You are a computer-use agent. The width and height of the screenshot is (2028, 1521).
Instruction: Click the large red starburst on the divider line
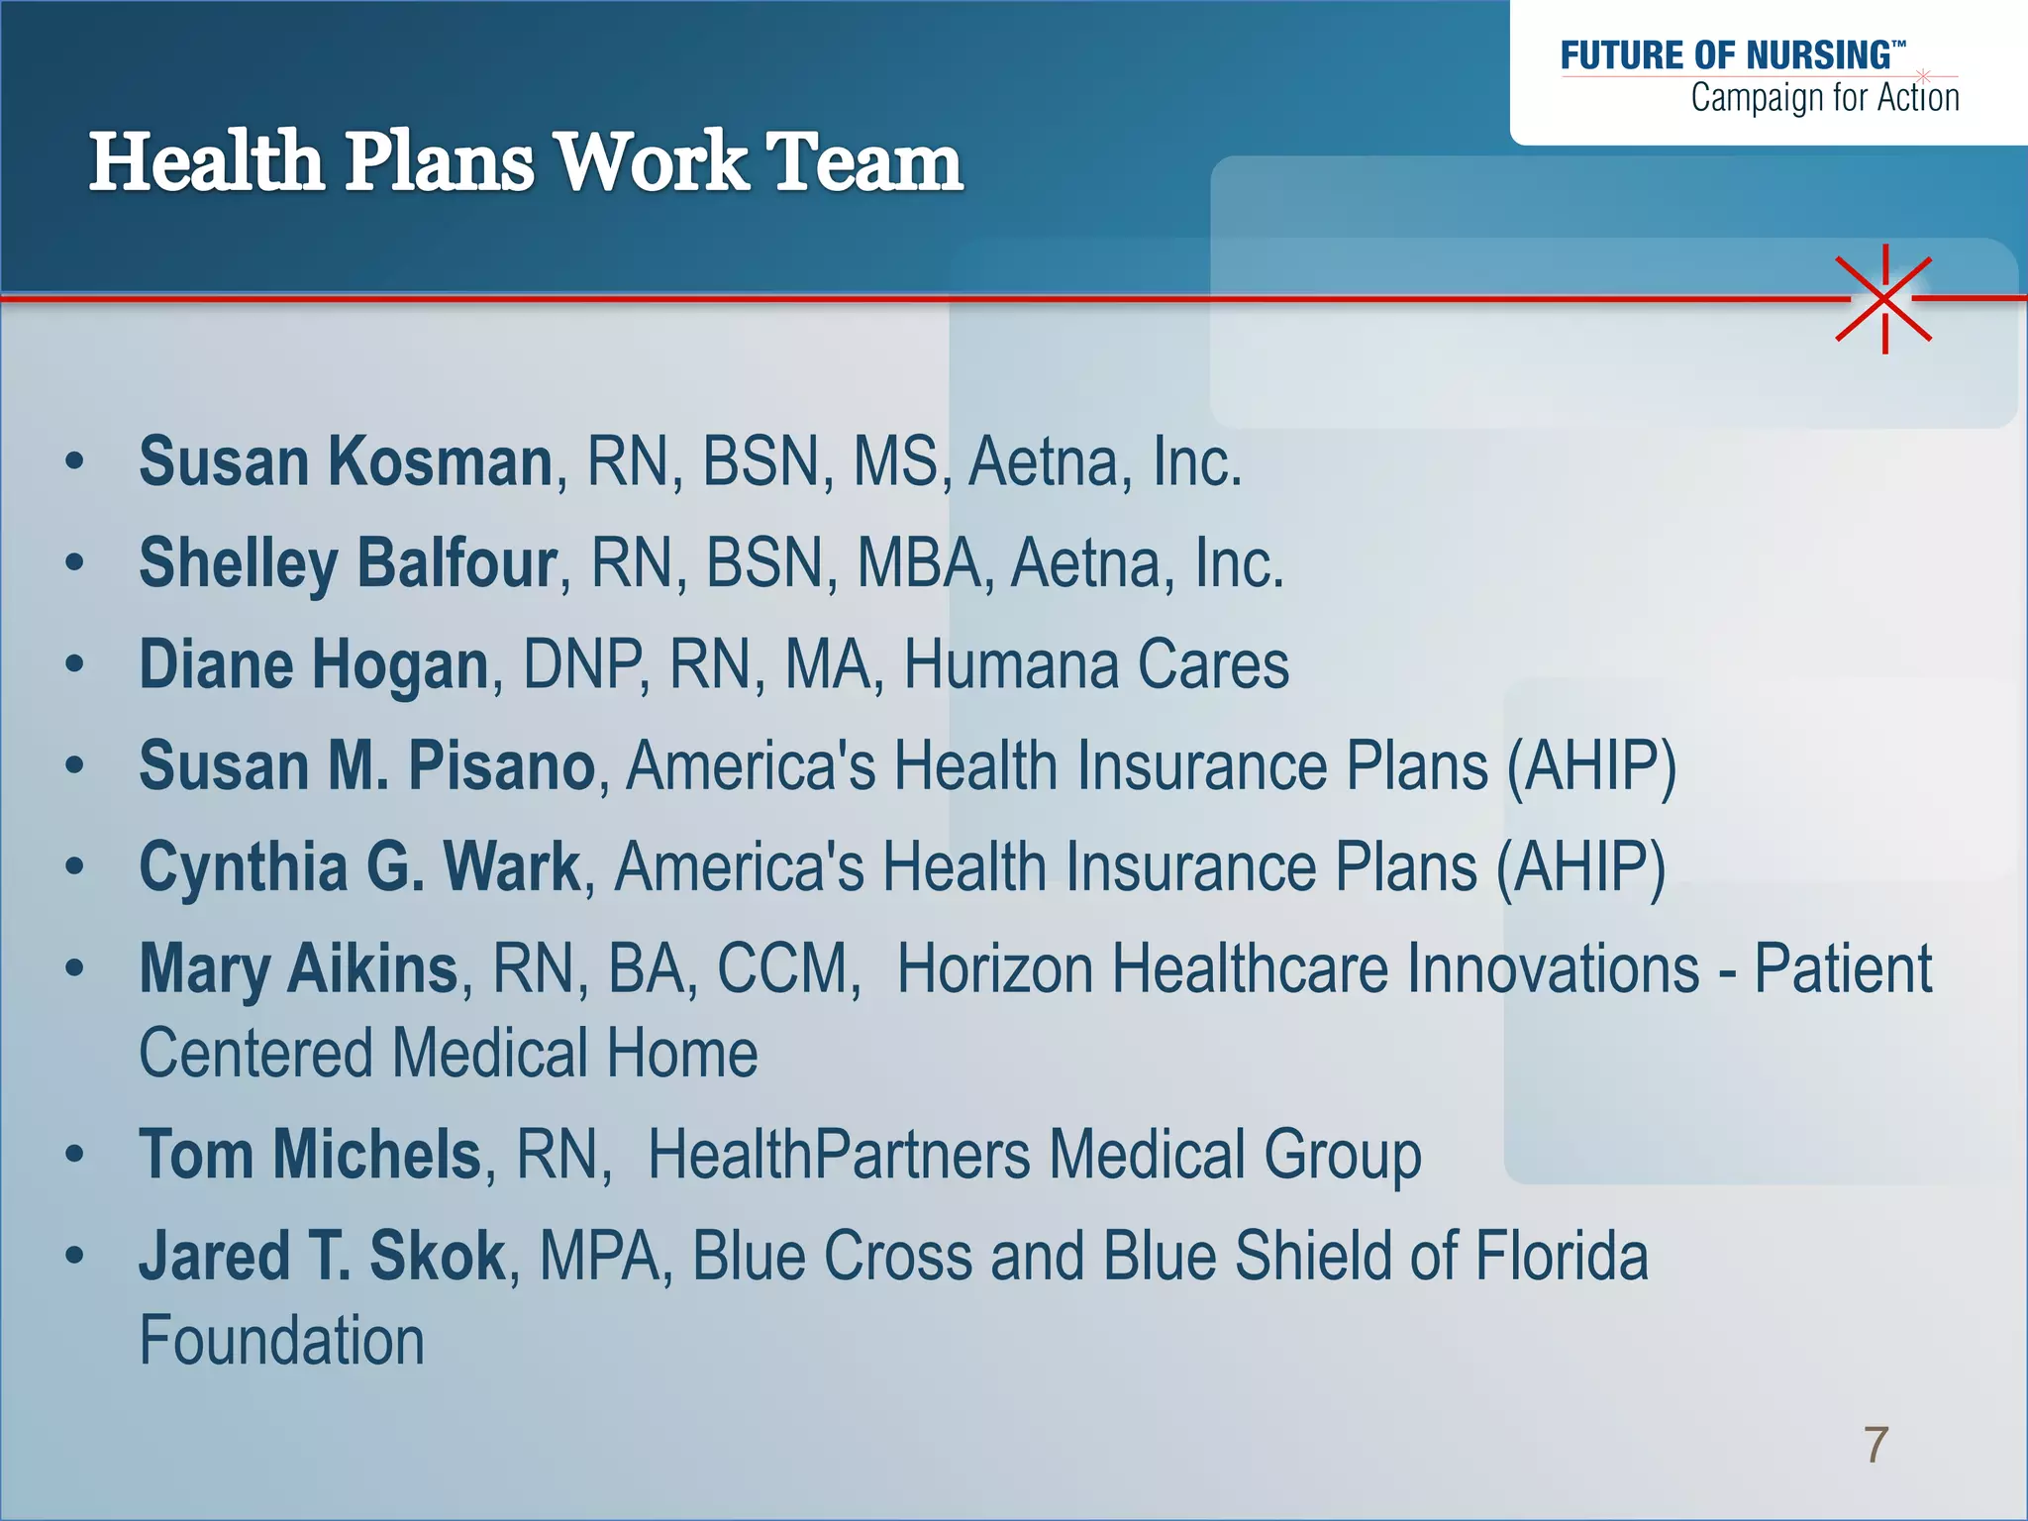click(x=1884, y=298)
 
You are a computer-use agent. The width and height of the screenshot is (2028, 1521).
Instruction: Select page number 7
click(x=1876, y=1445)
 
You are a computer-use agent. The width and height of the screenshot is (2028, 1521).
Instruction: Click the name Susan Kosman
click(x=346, y=461)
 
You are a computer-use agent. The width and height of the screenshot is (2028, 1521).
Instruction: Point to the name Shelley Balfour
click(x=348, y=562)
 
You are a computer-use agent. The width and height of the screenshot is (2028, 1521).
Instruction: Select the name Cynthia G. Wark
click(x=359, y=866)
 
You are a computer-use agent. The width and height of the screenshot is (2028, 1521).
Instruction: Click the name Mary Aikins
click(x=298, y=968)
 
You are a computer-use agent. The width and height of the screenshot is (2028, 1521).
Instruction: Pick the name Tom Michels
click(x=310, y=1155)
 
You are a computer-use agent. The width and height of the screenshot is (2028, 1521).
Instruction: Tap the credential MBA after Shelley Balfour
click(x=918, y=562)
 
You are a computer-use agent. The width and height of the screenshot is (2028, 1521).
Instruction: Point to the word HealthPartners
click(x=839, y=1155)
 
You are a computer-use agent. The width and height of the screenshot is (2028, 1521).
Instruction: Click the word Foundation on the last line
click(x=281, y=1341)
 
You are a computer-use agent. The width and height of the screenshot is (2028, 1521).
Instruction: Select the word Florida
click(x=1562, y=1256)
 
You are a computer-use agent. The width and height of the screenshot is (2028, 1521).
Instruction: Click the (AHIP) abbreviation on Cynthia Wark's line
click(x=1580, y=866)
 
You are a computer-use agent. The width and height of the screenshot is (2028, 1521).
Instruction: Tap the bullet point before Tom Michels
click(x=74, y=1155)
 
